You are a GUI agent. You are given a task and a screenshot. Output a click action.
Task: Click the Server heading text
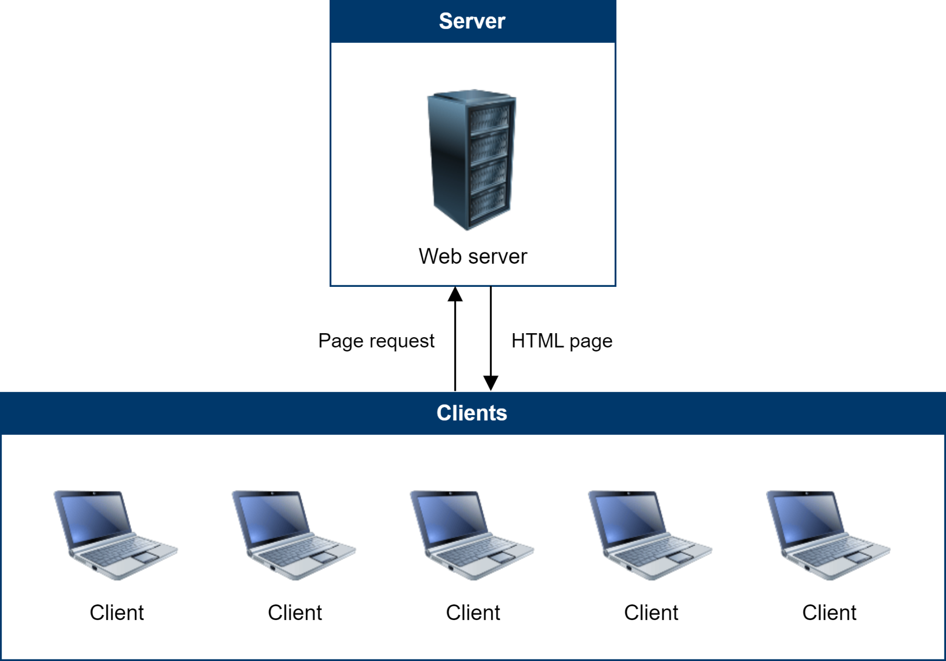(472, 21)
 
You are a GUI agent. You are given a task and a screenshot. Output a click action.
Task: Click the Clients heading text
(472, 413)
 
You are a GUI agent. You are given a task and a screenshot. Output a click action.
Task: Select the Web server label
(473, 256)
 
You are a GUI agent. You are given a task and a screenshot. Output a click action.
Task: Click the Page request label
(376, 341)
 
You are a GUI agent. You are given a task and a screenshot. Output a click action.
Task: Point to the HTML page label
(562, 341)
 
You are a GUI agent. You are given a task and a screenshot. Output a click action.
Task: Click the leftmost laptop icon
(115, 535)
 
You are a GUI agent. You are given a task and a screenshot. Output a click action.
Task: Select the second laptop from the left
(293, 535)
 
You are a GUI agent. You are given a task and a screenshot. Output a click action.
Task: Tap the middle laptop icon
(472, 535)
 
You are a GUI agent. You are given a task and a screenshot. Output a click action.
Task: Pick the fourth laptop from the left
(649, 535)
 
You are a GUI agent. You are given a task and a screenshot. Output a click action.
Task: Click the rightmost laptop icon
(828, 535)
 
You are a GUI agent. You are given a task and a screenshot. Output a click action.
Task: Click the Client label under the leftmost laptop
(116, 613)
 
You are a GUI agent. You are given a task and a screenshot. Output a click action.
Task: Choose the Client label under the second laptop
(295, 613)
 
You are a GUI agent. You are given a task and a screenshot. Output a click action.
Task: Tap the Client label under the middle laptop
(473, 613)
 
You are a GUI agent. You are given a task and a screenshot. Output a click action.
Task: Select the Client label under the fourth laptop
(651, 613)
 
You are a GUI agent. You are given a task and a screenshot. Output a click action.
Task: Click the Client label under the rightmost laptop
(829, 613)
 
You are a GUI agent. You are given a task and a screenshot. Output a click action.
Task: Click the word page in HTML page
(591, 341)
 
